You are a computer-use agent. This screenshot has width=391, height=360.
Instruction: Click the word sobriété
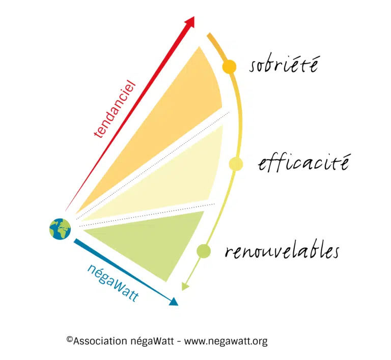click(x=284, y=64)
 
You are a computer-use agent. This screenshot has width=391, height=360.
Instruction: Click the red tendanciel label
click(x=115, y=109)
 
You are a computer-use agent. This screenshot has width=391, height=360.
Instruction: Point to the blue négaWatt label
click(x=113, y=283)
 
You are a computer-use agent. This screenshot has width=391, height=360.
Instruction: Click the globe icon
click(x=60, y=229)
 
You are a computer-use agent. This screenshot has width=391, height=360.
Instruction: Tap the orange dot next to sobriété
click(x=229, y=67)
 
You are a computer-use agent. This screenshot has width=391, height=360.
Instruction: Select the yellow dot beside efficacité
click(x=236, y=164)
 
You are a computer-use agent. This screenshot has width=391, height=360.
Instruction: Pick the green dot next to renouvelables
click(x=204, y=251)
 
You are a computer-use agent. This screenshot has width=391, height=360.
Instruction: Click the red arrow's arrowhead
click(x=189, y=22)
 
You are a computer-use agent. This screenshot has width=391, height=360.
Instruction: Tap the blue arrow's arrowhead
click(x=174, y=302)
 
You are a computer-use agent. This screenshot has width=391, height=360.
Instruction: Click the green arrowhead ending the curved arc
click(x=185, y=286)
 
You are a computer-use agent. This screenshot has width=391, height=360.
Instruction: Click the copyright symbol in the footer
click(x=69, y=339)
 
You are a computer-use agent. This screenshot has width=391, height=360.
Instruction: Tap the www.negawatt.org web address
click(x=226, y=341)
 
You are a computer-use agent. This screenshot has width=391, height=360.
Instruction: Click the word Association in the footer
click(x=100, y=341)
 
